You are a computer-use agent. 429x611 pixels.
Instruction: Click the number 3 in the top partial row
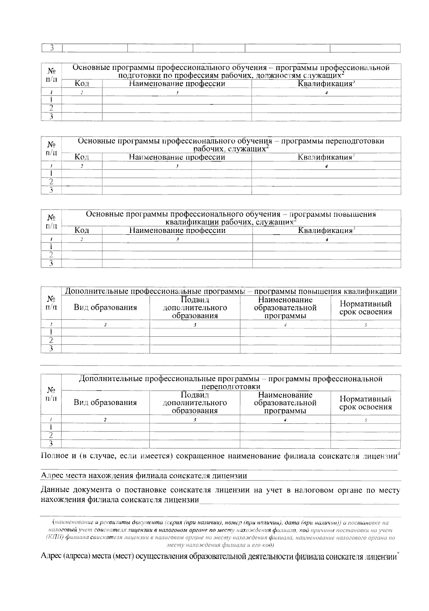point(52,48)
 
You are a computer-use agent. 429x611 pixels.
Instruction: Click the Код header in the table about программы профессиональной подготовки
point(82,84)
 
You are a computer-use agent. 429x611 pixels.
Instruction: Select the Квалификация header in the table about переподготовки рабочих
point(326,157)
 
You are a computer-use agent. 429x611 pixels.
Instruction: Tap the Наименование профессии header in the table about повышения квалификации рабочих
point(177,230)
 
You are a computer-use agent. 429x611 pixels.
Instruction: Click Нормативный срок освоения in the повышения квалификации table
point(365,308)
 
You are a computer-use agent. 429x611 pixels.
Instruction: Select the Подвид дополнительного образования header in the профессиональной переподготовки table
point(195,403)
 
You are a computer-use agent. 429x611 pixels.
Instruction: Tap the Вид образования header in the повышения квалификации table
point(105,308)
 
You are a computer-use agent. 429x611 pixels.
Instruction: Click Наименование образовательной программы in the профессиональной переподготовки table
point(285,403)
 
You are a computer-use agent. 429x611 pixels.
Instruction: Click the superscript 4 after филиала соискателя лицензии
point(399,454)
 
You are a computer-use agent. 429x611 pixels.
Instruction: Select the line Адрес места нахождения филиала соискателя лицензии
point(144,476)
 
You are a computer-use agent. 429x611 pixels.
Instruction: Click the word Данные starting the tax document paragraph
point(55,490)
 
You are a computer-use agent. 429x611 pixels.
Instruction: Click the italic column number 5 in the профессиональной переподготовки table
point(365,420)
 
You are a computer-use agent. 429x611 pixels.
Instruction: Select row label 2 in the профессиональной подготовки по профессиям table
point(51,108)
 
